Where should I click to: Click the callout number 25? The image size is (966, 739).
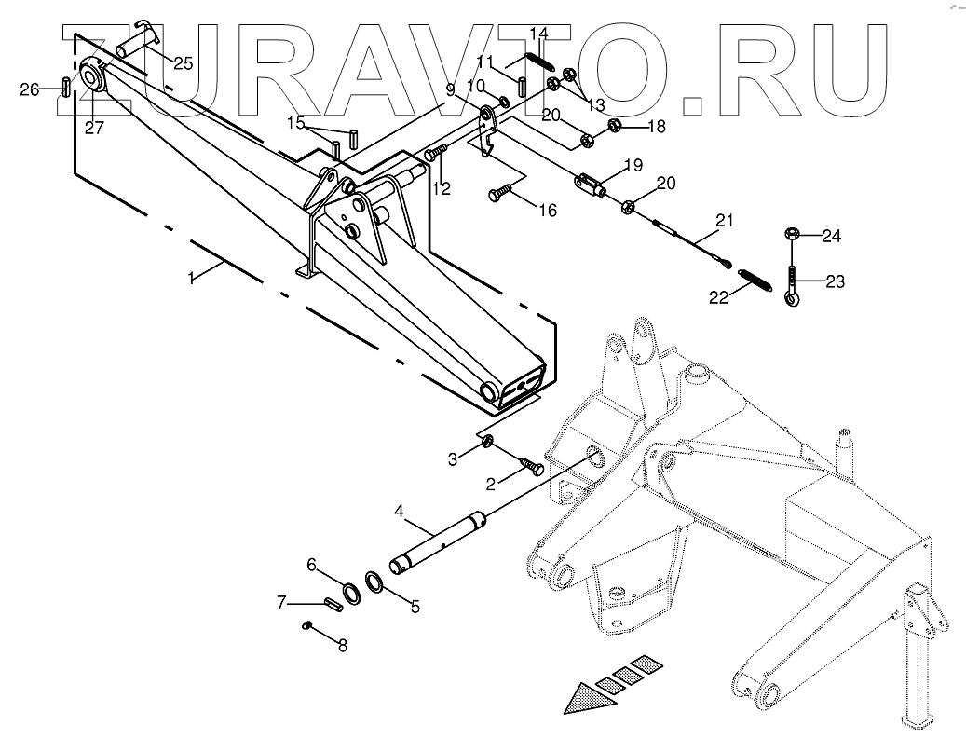tap(183, 63)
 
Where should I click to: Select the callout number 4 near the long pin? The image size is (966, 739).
tap(399, 511)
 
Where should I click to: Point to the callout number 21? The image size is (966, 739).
tap(725, 220)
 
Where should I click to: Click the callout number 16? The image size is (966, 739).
tap(548, 211)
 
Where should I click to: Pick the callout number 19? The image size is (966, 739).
tap(659, 166)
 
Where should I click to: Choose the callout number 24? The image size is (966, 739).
tap(831, 236)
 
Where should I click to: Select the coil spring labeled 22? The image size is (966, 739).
tap(756, 279)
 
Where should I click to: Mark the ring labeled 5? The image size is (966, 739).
tap(375, 582)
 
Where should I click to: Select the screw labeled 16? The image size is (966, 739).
tap(499, 193)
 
